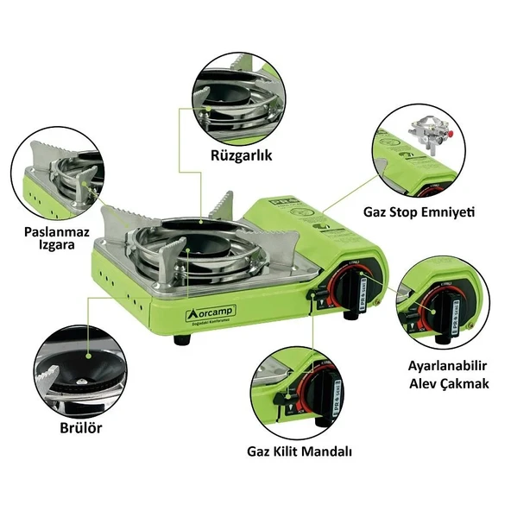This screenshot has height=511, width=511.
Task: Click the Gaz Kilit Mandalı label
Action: point(300,451)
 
